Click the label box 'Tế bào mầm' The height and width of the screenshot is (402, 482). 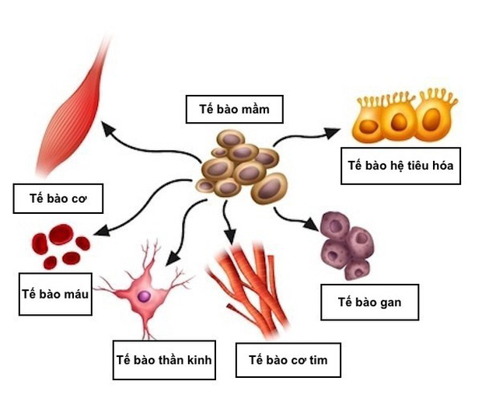point(234,109)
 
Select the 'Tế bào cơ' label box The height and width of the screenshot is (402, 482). point(59,198)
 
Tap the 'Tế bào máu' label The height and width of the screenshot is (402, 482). point(55,293)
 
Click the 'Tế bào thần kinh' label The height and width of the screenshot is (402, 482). point(163,360)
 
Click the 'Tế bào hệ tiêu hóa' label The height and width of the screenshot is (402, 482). point(400,166)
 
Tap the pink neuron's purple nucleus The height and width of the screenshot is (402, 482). point(145,295)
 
